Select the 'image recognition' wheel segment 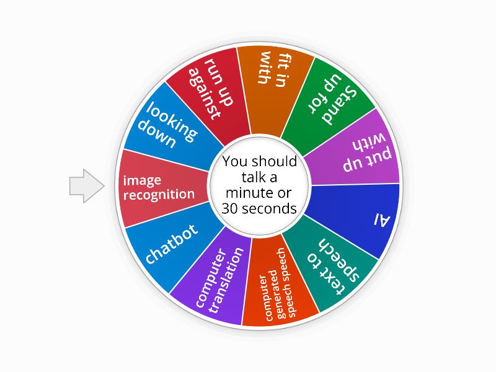(159, 187)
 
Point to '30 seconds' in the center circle (259, 208)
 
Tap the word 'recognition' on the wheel (159, 195)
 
